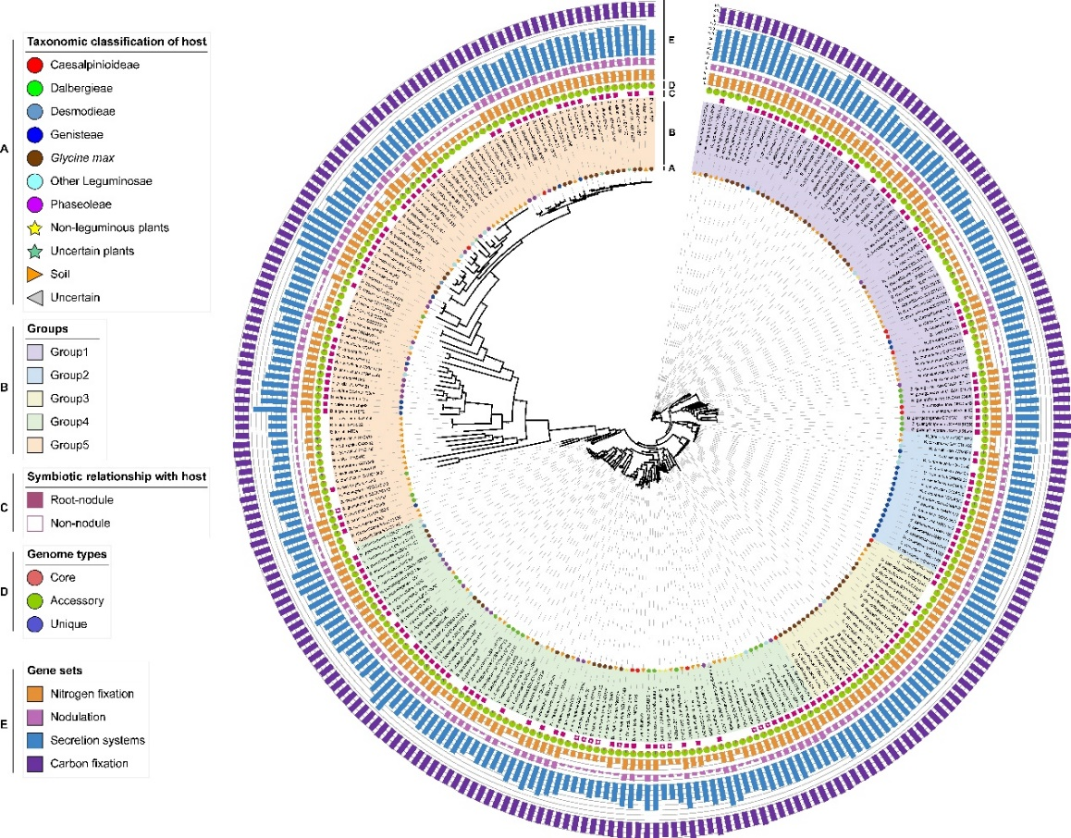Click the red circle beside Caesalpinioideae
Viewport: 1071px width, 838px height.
(x=35, y=66)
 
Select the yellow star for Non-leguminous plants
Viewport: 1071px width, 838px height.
(x=35, y=228)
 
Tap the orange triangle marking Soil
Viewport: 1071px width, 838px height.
(x=35, y=274)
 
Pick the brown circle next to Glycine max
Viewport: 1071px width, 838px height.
(x=35, y=158)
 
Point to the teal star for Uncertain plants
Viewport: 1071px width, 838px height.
(x=35, y=251)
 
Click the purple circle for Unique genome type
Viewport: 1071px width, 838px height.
(x=35, y=624)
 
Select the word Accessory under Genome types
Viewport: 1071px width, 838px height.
(x=79, y=600)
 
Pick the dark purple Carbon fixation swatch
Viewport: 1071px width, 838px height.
(x=35, y=763)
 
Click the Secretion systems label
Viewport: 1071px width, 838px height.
(x=101, y=740)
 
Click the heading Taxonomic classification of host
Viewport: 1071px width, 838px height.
(x=116, y=42)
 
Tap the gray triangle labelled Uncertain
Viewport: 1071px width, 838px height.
(x=35, y=297)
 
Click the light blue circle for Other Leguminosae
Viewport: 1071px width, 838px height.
(x=35, y=181)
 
